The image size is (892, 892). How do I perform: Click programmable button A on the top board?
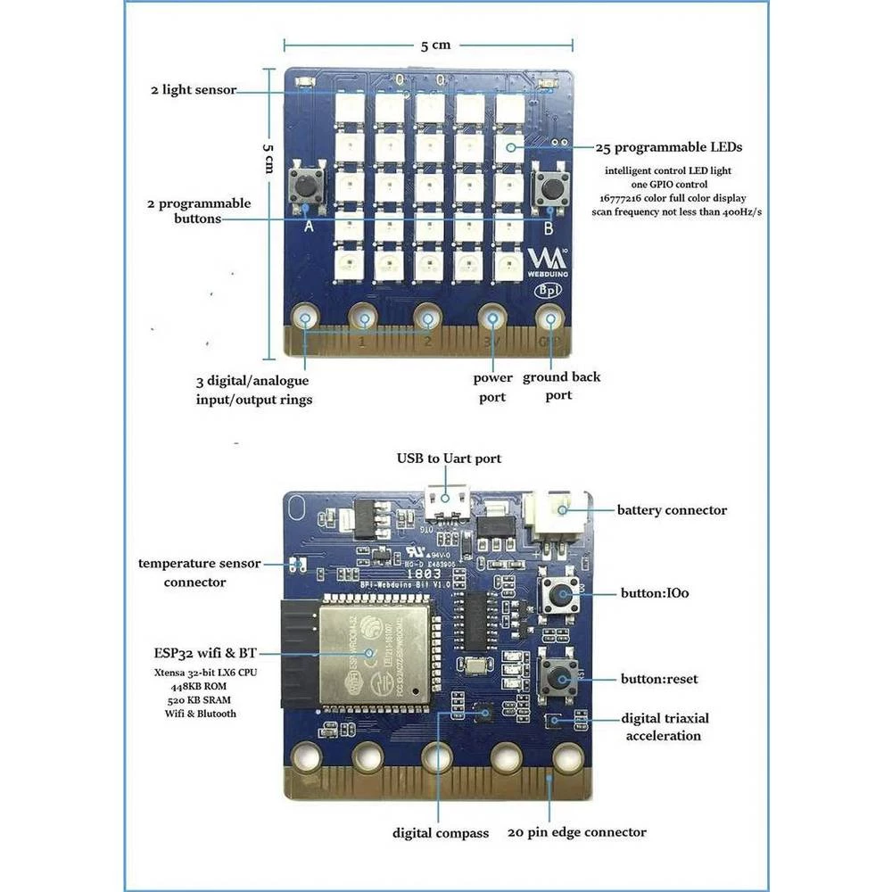305,186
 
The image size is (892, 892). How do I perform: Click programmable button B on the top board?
550,187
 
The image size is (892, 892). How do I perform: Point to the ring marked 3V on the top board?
492,318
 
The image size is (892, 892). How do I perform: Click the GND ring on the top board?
550,318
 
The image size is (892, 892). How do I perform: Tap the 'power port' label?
491,387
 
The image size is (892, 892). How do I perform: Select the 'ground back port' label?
561,385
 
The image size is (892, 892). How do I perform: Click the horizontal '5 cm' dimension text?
436,45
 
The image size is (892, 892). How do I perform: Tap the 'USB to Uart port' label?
450,458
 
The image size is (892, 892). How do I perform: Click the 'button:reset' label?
659,679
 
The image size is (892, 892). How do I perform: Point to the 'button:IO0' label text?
655,591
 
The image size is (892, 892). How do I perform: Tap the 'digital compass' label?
441,833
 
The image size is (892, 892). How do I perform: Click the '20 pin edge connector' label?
576,832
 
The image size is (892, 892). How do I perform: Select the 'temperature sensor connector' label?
199,573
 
